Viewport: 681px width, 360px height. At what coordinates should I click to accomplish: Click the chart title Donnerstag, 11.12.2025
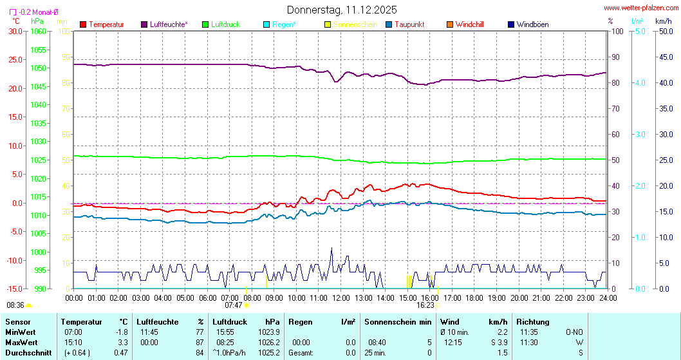[x=341, y=10]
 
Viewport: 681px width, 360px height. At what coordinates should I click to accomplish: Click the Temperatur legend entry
[x=106, y=24]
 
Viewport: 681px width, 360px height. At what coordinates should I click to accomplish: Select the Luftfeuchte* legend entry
[x=169, y=24]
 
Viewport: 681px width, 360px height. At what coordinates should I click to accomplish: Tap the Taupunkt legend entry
[x=409, y=24]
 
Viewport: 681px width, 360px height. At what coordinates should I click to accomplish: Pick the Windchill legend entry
[x=469, y=24]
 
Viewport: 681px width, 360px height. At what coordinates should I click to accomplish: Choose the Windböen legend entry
[x=532, y=24]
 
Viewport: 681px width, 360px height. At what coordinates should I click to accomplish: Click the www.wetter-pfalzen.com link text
[x=640, y=8]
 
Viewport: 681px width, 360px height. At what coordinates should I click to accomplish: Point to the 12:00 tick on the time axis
[x=340, y=298]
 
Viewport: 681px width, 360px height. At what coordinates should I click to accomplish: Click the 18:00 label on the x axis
[x=474, y=298]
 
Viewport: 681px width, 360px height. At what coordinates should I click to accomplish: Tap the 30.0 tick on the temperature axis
[x=14, y=31]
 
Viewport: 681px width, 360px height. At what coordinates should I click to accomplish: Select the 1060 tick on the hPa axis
[x=39, y=31]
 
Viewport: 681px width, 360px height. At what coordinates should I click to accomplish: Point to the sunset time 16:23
[x=425, y=305]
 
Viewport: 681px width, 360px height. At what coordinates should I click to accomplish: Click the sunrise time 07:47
[x=233, y=305]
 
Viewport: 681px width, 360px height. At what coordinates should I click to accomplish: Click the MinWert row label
[x=21, y=332]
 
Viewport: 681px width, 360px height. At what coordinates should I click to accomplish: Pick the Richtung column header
[x=532, y=321]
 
